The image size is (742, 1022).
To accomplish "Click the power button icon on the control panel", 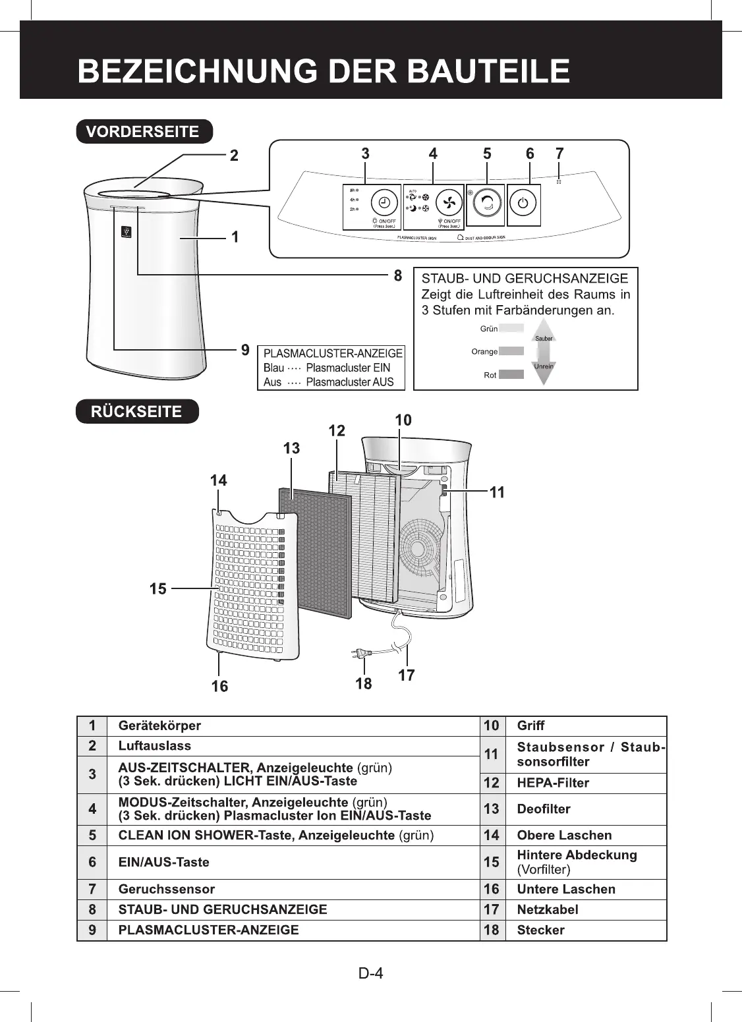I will tap(523, 204).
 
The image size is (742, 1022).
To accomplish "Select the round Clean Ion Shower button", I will tap(487, 204).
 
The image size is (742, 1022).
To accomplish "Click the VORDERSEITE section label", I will tap(144, 131).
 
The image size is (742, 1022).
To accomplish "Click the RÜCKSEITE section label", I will tap(136, 411).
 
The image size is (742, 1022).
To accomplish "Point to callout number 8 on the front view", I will tap(397, 275).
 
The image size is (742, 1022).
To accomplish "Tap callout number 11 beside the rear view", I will tap(498, 492).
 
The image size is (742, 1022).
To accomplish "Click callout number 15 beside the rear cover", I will tap(158, 588).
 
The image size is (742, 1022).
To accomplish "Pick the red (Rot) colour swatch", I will tap(511, 374).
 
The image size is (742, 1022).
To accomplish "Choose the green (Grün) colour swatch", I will tap(511, 328).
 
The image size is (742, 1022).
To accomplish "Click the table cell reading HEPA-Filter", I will tap(553, 783).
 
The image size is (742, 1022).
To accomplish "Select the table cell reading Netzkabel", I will tap(547, 909).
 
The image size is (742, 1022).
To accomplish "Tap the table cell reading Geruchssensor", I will tap(166, 889).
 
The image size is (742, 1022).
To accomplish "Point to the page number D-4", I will tap(370, 973).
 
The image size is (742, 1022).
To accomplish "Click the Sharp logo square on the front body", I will tap(127, 232).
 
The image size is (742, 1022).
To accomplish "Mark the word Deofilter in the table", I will tap(544, 809).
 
